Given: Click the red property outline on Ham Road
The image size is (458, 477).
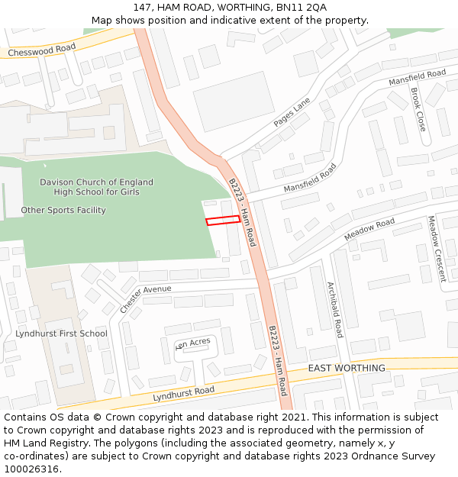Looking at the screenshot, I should coord(222,220).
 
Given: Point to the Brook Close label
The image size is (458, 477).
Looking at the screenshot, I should coord(418,109).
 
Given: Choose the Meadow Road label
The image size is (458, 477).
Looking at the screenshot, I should coord(369,229).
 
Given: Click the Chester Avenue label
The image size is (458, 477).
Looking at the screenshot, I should coord(146,298).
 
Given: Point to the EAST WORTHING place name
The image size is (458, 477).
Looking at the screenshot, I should coord(347,368).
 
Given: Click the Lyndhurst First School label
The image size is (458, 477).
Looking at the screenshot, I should coord(61,334).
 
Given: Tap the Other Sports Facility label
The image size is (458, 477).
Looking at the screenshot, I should coord(63,210).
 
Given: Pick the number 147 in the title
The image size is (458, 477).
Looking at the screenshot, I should coord(142,8).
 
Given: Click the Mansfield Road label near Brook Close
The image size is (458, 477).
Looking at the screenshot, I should coord(417,77).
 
